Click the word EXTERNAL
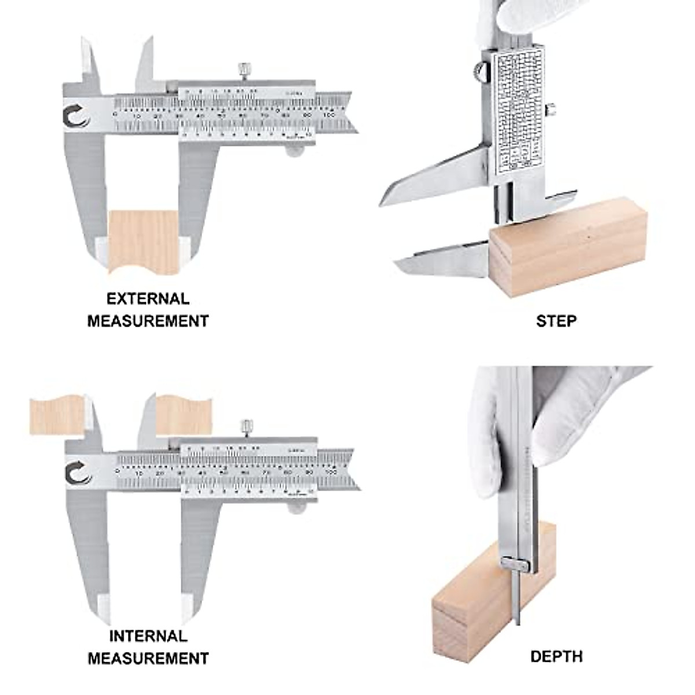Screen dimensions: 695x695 (148, 299)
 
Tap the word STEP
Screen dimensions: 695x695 (556, 320)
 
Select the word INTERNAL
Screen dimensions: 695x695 (148, 636)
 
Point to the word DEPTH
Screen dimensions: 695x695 (556, 656)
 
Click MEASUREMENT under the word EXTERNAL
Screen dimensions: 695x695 (148, 321)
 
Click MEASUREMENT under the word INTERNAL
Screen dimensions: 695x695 (148, 658)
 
